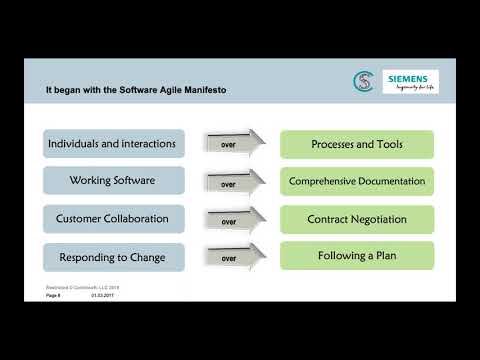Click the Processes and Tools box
point(357,144)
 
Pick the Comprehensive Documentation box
point(357,181)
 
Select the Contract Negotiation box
point(357,218)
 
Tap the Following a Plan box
point(357,255)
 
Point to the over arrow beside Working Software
point(232,182)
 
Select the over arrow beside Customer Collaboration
point(232,220)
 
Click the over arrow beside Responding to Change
point(232,257)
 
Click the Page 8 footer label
point(55,294)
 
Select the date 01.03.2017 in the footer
point(103,294)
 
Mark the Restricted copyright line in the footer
point(82,287)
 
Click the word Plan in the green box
point(384,255)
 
